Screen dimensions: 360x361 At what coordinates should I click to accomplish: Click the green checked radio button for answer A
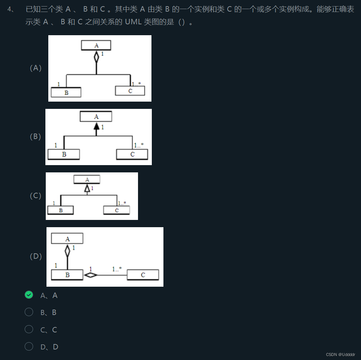[x=29, y=295]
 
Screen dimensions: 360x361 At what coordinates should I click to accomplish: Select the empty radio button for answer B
[x=29, y=312]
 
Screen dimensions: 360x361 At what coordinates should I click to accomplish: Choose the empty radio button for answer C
[x=29, y=329]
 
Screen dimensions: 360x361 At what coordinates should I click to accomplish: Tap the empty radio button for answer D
[x=29, y=347]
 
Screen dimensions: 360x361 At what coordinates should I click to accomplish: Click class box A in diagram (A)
[x=96, y=45]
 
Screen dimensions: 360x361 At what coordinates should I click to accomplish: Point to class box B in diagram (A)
[x=66, y=93]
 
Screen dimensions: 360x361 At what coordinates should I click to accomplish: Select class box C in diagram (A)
[x=130, y=91]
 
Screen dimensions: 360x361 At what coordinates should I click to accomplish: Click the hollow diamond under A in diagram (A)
[x=96, y=57]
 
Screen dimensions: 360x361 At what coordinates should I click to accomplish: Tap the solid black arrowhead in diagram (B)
[x=96, y=126]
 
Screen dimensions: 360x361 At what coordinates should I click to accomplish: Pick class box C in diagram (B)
[x=132, y=154]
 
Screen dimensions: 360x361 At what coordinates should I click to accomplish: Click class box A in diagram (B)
[x=96, y=116]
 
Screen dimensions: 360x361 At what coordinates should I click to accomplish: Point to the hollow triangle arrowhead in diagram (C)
[x=87, y=188]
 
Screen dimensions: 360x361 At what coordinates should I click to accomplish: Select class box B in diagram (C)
[x=61, y=210]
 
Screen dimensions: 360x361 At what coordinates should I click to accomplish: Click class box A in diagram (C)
[x=87, y=179]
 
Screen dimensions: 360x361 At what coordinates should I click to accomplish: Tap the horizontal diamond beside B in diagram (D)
[x=90, y=275]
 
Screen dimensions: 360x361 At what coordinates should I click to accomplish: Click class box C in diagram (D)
[x=143, y=275]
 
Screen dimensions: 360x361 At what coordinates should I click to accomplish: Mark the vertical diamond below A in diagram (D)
[x=67, y=250]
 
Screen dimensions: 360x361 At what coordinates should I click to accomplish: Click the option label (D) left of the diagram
[x=36, y=256]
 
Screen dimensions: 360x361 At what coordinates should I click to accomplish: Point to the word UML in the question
[x=133, y=22]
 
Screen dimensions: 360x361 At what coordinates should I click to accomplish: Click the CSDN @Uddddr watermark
[x=340, y=355]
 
